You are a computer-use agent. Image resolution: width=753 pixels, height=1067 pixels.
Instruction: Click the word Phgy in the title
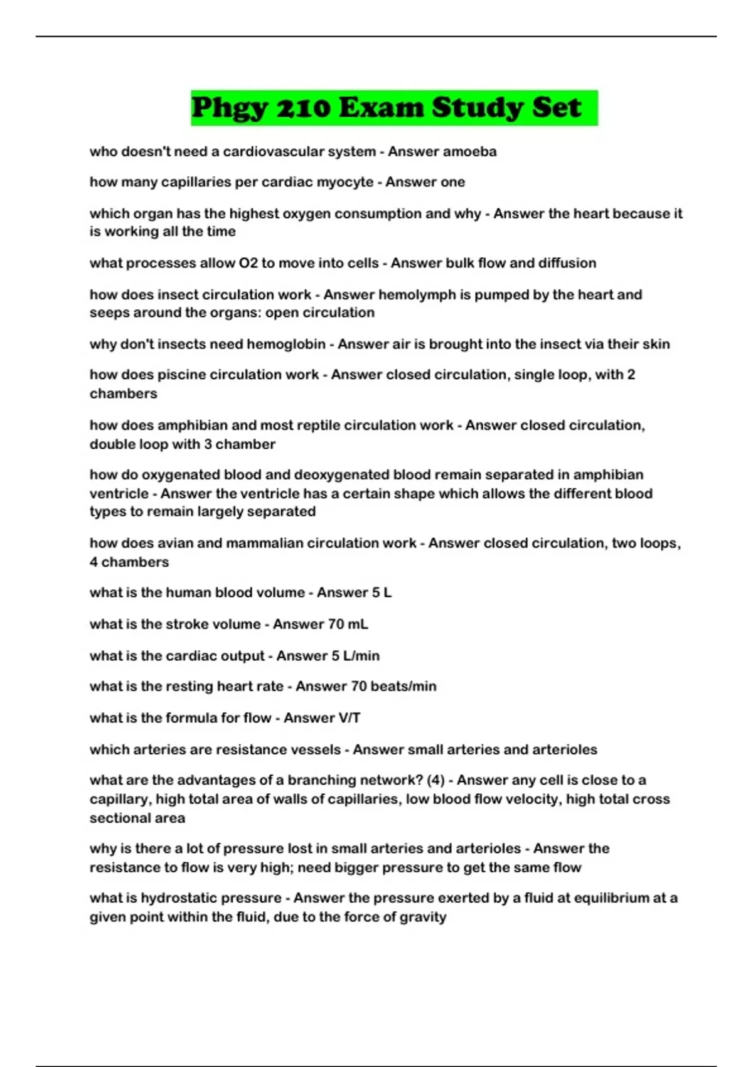pos(229,108)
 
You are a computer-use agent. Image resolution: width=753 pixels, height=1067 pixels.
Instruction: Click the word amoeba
pos(469,151)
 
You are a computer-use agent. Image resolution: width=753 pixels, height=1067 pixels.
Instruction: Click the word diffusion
pos(565,263)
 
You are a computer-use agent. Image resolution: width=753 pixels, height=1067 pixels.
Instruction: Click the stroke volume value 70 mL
pos(344,624)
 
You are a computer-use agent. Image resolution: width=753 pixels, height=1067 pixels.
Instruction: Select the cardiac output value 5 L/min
pos(355,655)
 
